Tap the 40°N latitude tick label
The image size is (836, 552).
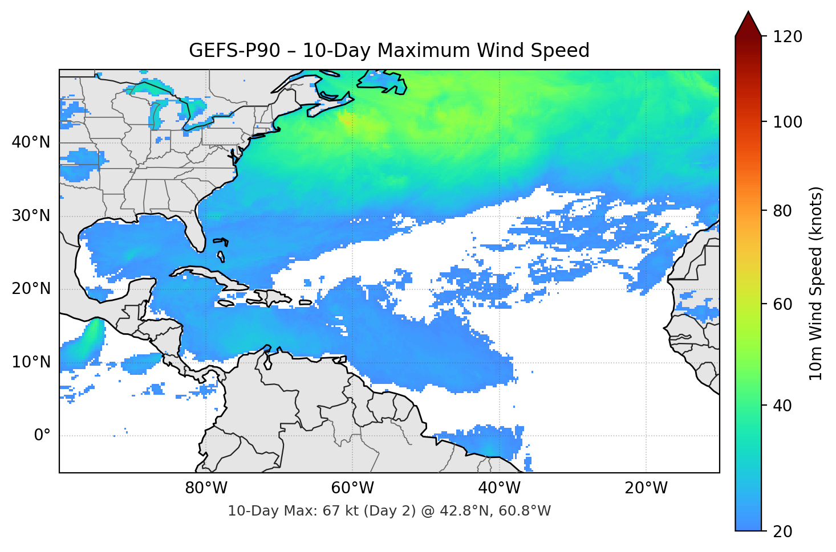(31, 142)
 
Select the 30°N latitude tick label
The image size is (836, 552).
(31, 216)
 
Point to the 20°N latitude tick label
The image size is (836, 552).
(31, 289)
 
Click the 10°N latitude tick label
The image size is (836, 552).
(31, 362)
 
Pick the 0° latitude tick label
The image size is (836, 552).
(42, 436)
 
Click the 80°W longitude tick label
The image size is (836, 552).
(206, 489)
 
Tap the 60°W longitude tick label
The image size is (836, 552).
(352, 489)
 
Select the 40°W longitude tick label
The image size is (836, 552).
(499, 489)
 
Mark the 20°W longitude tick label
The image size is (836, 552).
(646, 489)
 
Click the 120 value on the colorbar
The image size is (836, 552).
(788, 37)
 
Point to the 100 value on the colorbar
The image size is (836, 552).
(788, 122)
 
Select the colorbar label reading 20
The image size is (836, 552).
(782, 531)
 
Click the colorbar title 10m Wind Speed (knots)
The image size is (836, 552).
(816, 283)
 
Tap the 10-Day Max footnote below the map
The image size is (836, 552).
(389, 511)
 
